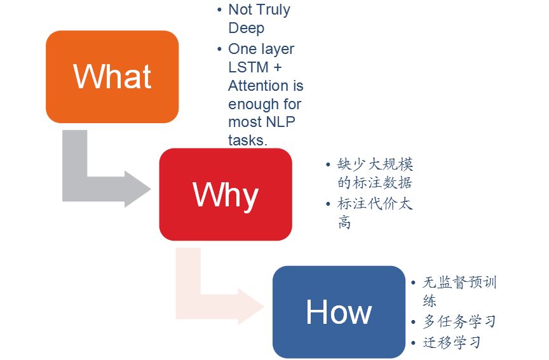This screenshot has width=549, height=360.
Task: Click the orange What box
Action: (112, 76)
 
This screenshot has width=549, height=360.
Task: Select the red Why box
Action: (226, 194)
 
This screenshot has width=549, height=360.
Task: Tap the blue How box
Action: (339, 312)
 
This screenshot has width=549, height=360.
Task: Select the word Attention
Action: (266, 85)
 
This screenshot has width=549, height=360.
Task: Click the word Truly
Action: (271, 10)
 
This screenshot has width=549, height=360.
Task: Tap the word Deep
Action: (246, 28)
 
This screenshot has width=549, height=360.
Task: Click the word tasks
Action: (247, 140)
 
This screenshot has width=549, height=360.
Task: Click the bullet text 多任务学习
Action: (459, 321)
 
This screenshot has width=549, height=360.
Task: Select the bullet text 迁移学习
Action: (452, 342)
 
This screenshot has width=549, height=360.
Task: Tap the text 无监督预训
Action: (459, 283)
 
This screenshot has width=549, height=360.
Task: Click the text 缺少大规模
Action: (375, 164)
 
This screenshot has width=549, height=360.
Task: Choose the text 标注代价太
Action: (375, 204)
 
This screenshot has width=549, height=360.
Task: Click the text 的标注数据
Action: (375, 183)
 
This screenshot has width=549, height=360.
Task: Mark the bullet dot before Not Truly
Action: (219, 10)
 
